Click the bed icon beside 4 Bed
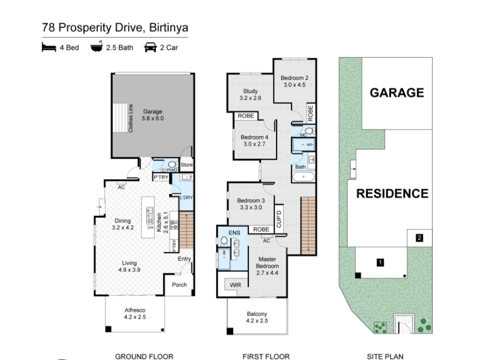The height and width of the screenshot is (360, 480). pyautogui.click(x=49, y=47)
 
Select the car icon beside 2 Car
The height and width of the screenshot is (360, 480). pyautogui.click(x=151, y=47)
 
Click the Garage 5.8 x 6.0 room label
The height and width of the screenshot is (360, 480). pyautogui.click(x=153, y=115)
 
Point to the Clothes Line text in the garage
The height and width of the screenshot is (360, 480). pyautogui.click(x=131, y=118)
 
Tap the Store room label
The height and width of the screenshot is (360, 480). pyautogui.click(x=187, y=164)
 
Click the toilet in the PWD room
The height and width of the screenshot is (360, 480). pyautogui.click(x=172, y=164)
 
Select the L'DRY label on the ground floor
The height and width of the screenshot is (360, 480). pyautogui.click(x=186, y=197)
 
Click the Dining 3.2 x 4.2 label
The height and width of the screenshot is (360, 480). pyautogui.click(x=123, y=224)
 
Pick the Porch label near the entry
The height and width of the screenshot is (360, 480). pyautogui.click(x=179, y=284)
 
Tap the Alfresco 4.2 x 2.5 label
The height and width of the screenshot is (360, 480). pyautogui.click(x=134, y=313)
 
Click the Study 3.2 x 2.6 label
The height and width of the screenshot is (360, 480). pyautogui.click(x=250, y=95)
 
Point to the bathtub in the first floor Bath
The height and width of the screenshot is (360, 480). pyautogui.click(x=304, y=177)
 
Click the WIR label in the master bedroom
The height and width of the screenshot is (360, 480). pyautogui.click(x=235, y=285)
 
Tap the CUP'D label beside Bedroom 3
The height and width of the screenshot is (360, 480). pyautogui.click(x=278, y=219)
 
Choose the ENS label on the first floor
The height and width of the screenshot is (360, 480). pyautogui.click(x=234, y=233)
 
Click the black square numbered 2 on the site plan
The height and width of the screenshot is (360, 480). pyautogui.click(x=419, y=238)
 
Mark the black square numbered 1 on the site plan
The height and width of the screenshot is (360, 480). pyautogui.click(x=380, y=262)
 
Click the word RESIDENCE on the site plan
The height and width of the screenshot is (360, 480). pyautogui.click(x=392, y=193)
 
